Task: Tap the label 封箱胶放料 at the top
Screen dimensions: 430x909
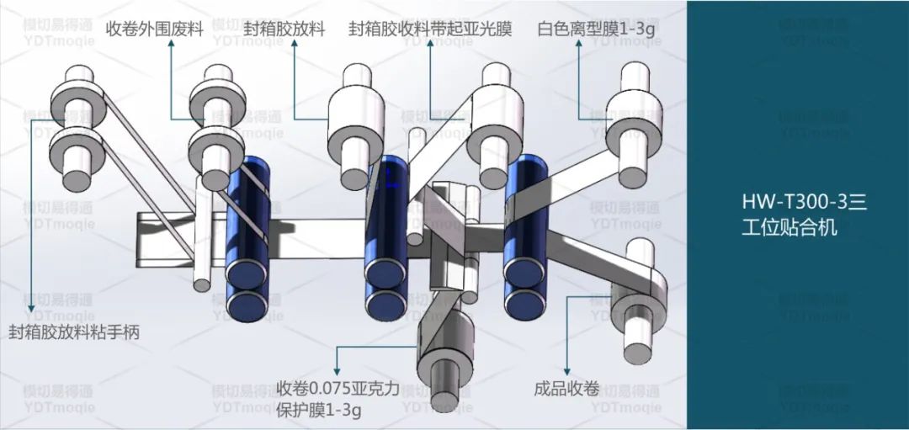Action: [x=284, y=29]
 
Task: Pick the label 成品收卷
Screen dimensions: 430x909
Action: [x=566, y=389]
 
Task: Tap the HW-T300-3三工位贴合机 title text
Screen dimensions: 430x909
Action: [x=798, y=215]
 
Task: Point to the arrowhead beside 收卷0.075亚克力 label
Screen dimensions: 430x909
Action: [x=338, y=370]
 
